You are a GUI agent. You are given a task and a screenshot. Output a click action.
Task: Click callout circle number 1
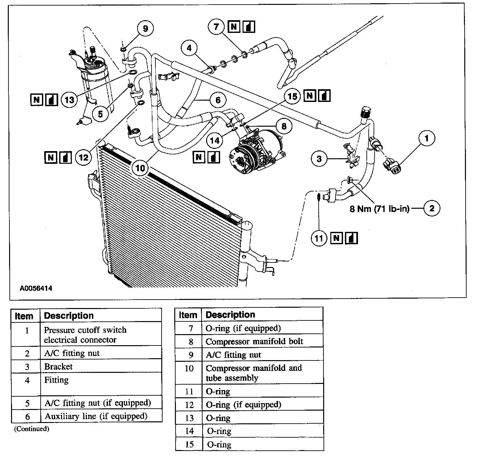coord(427,138)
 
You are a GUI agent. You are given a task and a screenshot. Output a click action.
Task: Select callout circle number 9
coord(145,29)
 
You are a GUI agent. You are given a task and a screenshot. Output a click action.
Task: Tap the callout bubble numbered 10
coord(140,168)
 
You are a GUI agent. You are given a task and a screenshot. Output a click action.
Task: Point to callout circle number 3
coord(319,159)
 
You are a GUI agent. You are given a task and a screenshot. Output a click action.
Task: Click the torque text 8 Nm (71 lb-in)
coord(379,209)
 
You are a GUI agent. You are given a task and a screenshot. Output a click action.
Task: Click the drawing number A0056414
coord(36,289)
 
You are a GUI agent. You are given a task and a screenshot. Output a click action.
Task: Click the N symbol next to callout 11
coord(337,239)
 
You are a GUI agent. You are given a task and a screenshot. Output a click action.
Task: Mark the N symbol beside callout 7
coord(233,26)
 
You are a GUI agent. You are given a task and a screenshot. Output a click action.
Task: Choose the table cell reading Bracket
coord(59,366)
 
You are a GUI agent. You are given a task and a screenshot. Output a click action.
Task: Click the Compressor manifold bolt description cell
coord(254,342)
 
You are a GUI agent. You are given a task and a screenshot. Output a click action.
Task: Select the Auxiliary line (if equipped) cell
coord(96,416)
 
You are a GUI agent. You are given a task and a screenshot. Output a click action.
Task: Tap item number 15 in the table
coord(189,444)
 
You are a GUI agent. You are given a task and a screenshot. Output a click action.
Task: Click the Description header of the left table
coord(69,316)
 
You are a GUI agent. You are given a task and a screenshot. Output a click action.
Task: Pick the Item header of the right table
coord(188,315)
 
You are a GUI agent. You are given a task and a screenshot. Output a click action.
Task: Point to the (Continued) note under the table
coord(32,429)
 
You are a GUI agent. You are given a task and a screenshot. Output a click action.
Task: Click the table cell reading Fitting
coord(56,380)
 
